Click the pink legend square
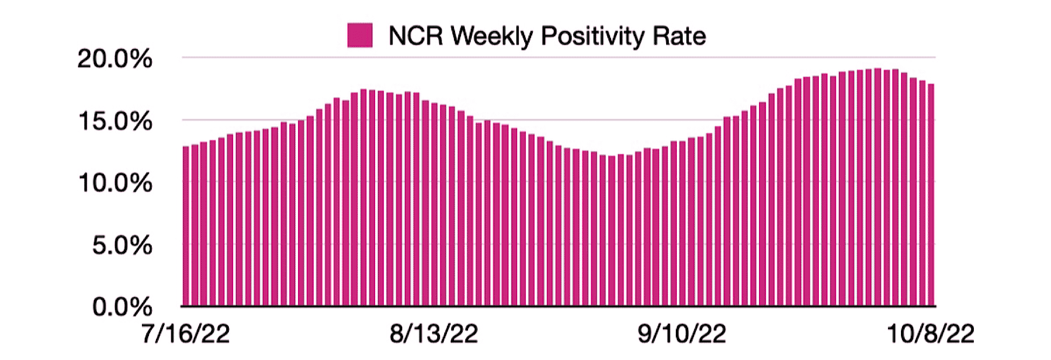[x=360, y=36]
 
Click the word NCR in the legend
[x=415, y=36]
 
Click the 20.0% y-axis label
[x=114, y=59]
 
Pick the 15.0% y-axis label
[x=115, y=121]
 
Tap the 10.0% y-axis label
[x=115, y=184]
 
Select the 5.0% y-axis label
[x=122, y=246]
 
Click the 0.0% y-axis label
[x=122, y=307]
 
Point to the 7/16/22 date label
[x=186, y=334]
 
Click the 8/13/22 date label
[x=434, y=334]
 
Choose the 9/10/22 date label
[x=682, y=334]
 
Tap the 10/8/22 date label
[x=931, y=334]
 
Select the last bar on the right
[x=931, y=195]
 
